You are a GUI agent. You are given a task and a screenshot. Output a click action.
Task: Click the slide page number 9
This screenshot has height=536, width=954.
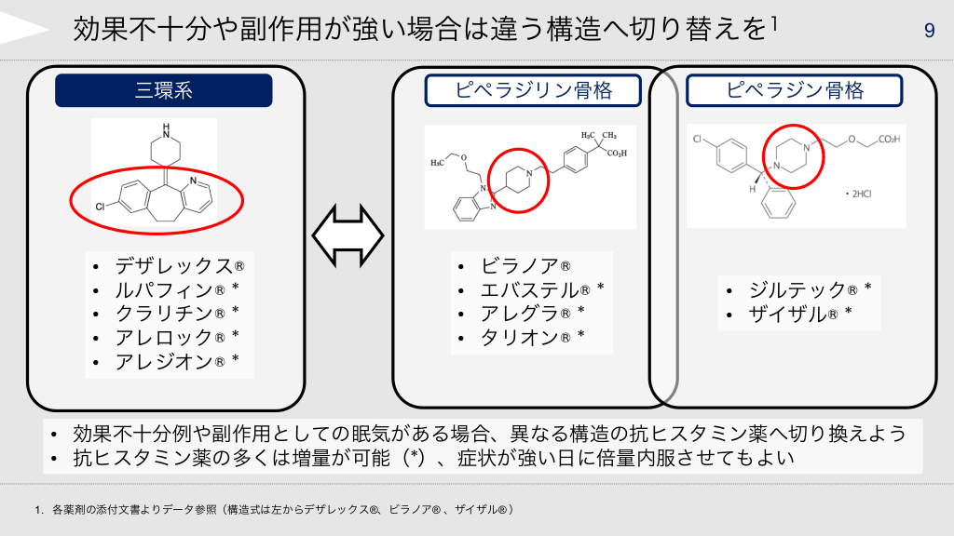(x=929, y=30)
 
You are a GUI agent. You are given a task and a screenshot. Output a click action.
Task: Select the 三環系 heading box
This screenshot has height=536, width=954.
(x=164, y=90)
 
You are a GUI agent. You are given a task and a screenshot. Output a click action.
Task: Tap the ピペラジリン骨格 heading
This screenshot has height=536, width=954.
(x=533, y=90)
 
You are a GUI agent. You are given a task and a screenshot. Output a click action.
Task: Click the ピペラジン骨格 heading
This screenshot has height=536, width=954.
(x=794, y=90)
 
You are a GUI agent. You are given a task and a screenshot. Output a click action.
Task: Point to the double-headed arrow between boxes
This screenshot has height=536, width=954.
(x=348, y=235)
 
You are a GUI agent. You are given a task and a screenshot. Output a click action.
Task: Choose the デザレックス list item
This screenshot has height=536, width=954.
(x=180, y=265)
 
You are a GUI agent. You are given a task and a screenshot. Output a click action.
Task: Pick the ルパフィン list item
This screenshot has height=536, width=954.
(x=176, y=290)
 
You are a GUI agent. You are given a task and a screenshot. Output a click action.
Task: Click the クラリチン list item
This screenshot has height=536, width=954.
(x=176, y=314)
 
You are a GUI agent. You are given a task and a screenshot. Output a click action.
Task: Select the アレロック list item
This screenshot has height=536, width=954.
(x=176, y=337)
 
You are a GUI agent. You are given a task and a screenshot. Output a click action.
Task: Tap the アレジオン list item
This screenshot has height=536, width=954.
(x=176, y=362)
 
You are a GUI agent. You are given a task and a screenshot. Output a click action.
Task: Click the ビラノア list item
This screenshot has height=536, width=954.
(x=525, y=265)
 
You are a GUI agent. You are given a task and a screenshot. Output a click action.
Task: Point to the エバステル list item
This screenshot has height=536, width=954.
(x=542, y=290)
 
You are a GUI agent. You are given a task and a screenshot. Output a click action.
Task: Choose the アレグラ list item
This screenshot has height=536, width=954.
(x=532, y=314)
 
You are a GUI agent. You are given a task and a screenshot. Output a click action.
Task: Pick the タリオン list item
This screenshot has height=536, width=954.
(x=532, y=337)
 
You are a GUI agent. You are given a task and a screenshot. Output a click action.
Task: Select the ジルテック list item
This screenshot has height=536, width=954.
(x=811, y=290)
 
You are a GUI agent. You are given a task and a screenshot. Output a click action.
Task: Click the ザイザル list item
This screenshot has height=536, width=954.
(x=800, y=314)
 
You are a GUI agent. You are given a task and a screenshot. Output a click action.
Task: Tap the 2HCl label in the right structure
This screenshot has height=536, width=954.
(x=858, y=194)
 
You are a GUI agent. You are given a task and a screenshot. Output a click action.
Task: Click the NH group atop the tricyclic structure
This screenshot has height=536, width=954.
(x=166, y=131)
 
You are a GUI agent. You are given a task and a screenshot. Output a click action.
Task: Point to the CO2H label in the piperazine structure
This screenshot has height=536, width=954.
(x=889, y=140)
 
